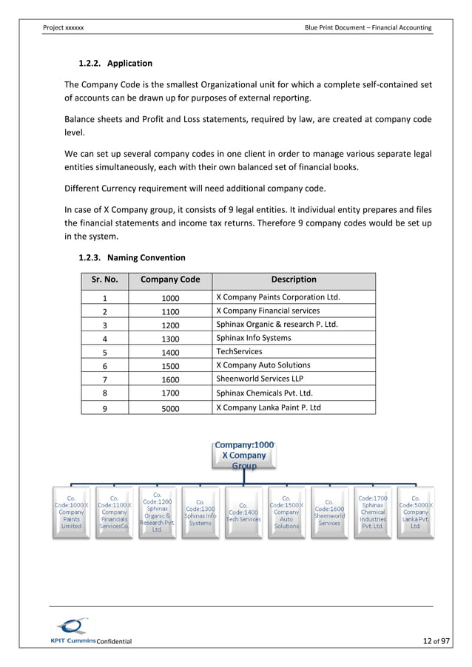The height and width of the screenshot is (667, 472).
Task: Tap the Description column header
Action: [293, 280]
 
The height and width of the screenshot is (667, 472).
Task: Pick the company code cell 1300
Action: [170, 338]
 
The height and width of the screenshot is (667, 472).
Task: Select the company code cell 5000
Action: [170, 407]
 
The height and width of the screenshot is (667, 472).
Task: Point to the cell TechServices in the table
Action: [239, 351]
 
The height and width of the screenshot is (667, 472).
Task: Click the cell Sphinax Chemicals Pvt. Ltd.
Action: [264, 393]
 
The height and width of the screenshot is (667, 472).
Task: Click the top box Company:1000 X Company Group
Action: [244, 456]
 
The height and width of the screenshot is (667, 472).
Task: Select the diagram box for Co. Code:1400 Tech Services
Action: [243, 511]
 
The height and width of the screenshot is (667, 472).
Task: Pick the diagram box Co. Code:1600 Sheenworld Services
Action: [329, 511]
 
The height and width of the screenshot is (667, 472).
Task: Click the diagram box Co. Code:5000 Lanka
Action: [415, 511]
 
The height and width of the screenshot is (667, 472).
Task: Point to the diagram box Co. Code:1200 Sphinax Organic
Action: [157, 511]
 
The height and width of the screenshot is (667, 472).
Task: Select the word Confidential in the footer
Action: [114, 641]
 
